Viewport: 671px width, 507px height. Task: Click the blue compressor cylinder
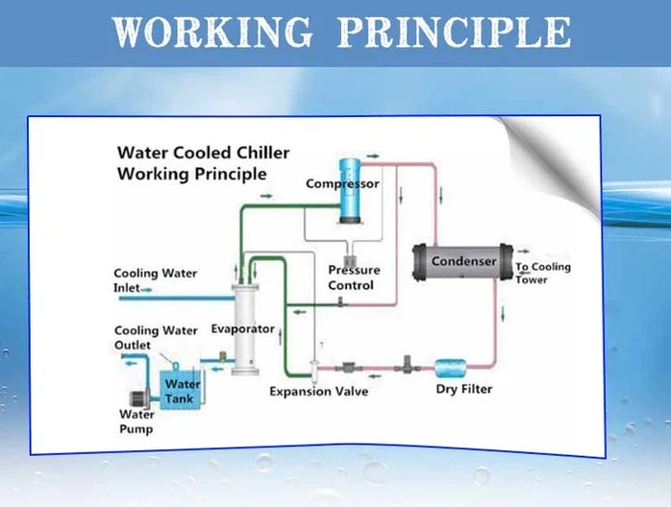coord(350,191)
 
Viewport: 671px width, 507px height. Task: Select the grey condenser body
coord(463,261)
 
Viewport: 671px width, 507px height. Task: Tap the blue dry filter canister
coord(451,368)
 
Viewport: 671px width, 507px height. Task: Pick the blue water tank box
coord(180,390)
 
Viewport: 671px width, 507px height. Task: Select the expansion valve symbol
coord(313,369)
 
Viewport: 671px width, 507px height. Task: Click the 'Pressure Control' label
coord(354,278)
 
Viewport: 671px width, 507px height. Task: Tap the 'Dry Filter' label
coord(464,389)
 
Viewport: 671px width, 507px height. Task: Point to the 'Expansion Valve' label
coord(319,392)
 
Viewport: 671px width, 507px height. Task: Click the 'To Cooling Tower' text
coord(542,273)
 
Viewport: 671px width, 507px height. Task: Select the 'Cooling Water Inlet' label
coord(155,280)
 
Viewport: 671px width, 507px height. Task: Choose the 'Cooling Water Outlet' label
coord(156,338)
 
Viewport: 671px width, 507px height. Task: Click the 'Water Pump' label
coord(137,422)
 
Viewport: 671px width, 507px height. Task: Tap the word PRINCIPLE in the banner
coord(454,32)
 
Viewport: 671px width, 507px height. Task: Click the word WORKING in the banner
coord(212,32)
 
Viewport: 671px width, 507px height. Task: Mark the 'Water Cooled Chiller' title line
coord(203,153)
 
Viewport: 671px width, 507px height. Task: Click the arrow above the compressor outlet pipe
coord(373,157)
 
